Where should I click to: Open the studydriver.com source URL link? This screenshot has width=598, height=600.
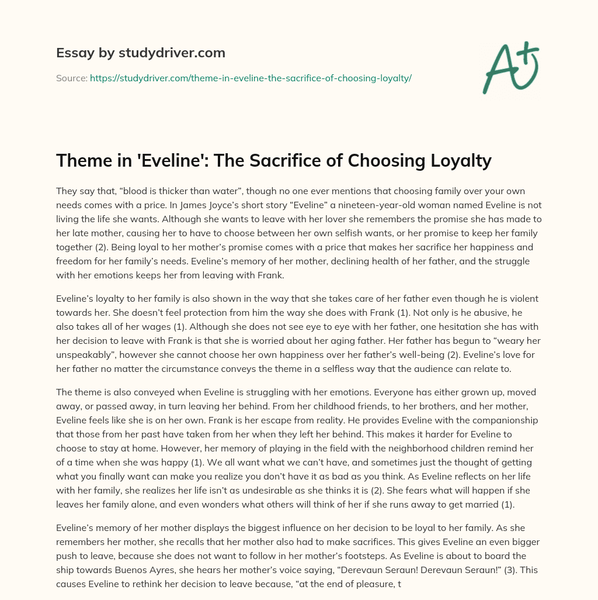251,78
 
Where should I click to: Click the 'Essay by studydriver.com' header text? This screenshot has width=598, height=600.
141,53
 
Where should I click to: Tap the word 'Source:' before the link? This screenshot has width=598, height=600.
71,78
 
